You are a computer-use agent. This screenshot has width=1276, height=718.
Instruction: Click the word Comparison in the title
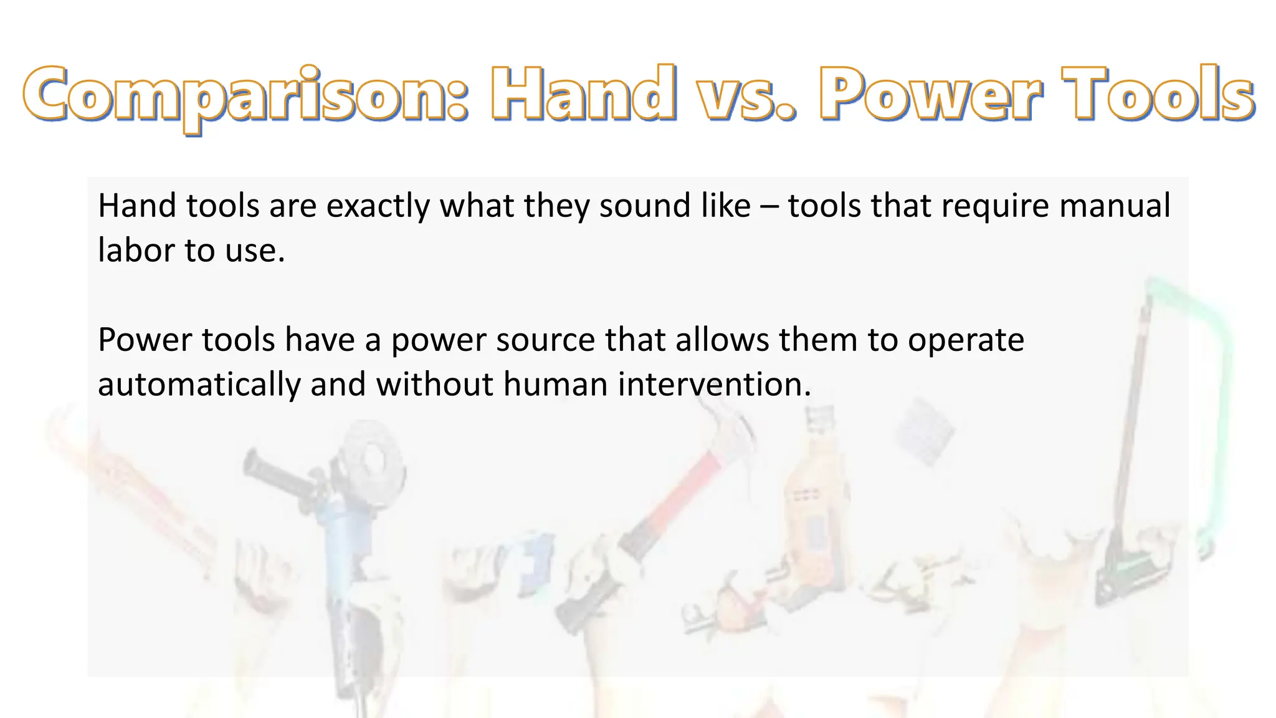click(245, 95)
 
